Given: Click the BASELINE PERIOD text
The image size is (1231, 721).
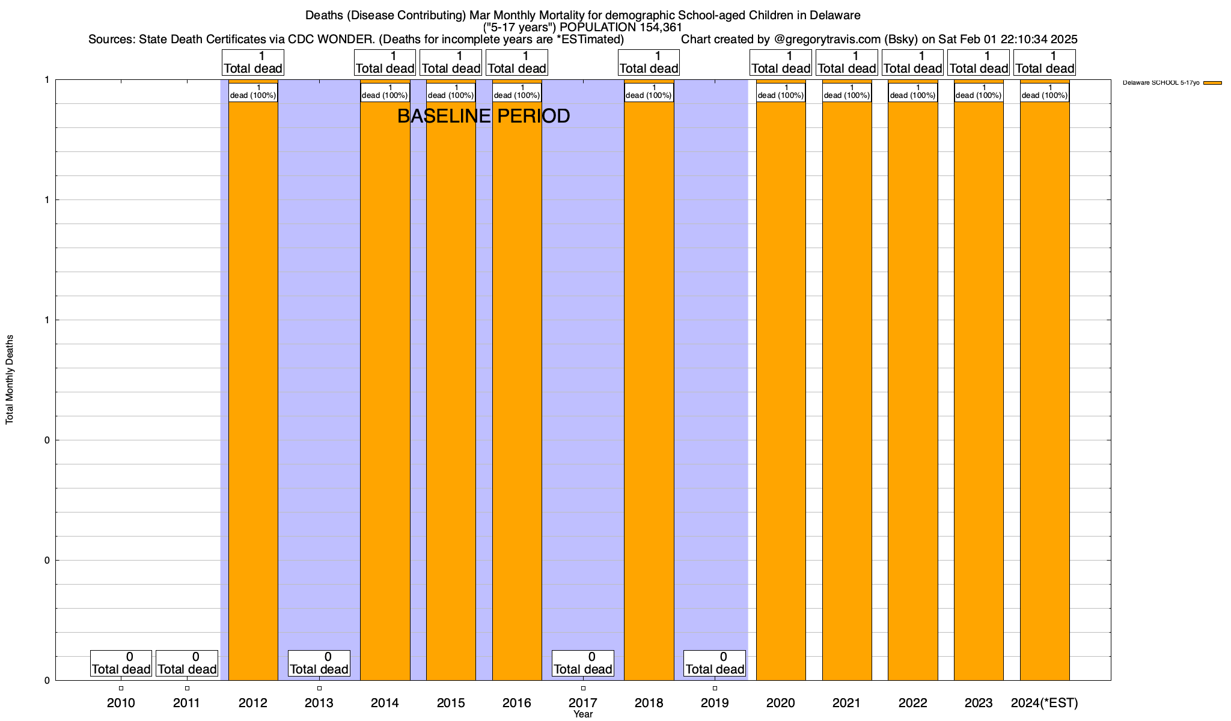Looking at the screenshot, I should [483, 116].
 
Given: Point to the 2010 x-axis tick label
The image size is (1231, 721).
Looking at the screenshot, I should [121, 702].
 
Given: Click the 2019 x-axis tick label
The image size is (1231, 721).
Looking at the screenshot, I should [715, 702].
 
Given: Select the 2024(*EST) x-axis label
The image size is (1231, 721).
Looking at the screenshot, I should [1045, 702].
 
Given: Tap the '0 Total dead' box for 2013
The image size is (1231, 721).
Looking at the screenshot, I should [319, 663].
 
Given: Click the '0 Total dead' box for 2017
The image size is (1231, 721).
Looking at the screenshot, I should [583, 663].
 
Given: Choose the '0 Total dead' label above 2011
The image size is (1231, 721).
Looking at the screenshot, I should [187, 663].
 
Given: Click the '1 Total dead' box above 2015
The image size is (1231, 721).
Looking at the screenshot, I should [451, 62].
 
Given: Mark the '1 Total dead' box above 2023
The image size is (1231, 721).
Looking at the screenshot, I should [979, 62].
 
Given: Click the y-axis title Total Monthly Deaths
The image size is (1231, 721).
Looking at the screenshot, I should [10, 380].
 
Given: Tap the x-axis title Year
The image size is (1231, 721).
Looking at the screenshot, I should [583, 714].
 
